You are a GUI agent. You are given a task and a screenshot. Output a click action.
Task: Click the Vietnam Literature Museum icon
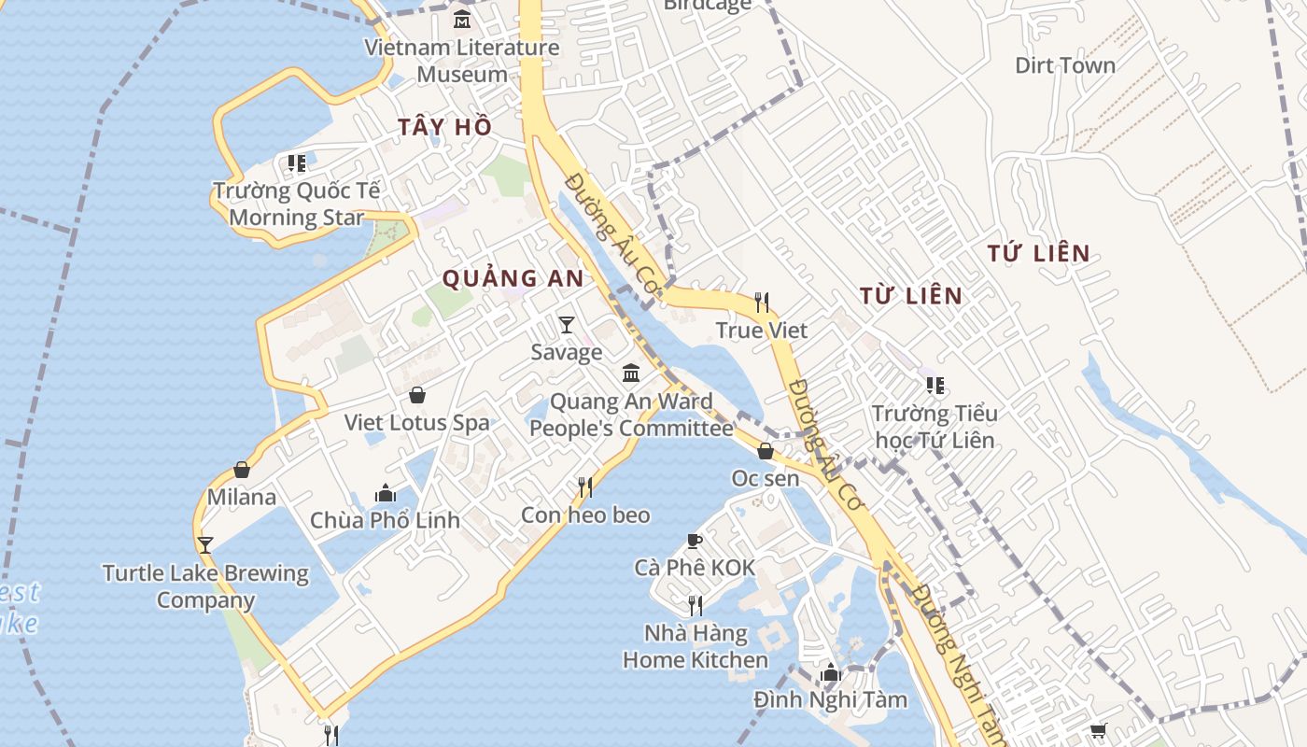coord(462,20)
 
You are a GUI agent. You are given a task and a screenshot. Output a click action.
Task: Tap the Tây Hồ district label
coord(444,128)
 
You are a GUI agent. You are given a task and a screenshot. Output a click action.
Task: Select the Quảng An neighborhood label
coord(513,278)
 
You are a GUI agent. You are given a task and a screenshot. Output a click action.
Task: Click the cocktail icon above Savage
coord(567,325)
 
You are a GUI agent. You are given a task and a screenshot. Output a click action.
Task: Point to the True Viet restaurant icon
coord(762,303)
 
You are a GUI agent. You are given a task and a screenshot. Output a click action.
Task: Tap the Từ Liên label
coord(910,296)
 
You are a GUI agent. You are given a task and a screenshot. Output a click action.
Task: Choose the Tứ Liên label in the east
coord(1039,253)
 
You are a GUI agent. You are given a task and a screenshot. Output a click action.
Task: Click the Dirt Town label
coord(1064,65)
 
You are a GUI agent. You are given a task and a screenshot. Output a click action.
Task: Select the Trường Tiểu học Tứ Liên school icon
coord(935,386)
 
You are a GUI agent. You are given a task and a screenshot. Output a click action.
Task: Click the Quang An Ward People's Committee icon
coord(631,373)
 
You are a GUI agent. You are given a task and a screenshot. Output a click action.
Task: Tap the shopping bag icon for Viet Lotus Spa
coord(417,395)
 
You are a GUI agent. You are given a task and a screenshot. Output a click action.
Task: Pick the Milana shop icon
coord(242,470)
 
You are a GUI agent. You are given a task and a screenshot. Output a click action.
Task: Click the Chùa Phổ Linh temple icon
coord(386,493)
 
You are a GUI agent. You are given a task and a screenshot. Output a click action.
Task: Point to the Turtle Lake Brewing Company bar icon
coord(205,544)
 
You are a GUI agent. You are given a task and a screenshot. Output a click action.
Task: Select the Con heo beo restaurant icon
coord(585,487)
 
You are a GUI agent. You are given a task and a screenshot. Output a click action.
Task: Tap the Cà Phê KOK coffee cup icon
coord(694,540)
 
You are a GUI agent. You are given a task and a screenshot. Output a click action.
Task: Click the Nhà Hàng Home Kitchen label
coord(696,646)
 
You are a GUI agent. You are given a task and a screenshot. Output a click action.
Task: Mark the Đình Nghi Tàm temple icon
coord(830,672)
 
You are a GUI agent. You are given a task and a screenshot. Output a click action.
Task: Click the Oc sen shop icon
coord(766,451)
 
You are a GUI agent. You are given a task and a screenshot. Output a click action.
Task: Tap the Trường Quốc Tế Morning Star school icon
coord(297,163)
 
